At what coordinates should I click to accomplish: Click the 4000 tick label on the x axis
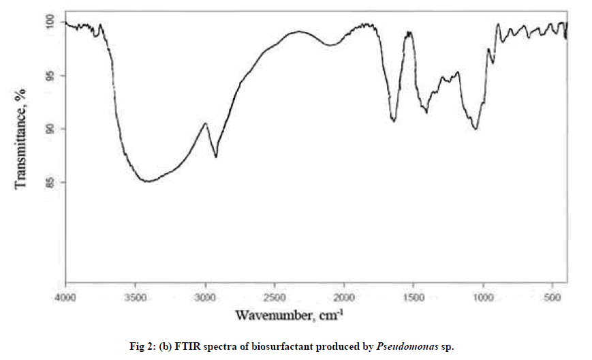click(x=65, y=297)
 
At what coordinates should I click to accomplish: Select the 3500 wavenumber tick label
click(x=135, y=297)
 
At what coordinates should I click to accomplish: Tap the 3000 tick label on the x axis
click(x=205, y=297)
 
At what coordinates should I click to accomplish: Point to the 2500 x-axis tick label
click(x=275, y=297)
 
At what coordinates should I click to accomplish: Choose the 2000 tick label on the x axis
click(x=344, y=297)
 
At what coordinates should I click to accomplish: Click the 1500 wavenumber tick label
click(x=414, y=297)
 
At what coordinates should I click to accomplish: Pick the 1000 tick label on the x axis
click(x=483, y=297)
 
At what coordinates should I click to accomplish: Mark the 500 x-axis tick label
click(x=552, y=297)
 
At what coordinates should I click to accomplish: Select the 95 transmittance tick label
click(x=51, y=76)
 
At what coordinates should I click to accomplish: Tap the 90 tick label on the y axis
click(x=51, y=129)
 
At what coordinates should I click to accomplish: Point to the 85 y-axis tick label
click(x=51, y=182)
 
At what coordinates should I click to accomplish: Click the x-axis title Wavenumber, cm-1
click(x=289, y=316)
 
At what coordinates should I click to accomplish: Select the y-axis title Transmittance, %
click(x=20, y=138)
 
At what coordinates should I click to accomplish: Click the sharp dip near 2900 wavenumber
click(x=216, y=157)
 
